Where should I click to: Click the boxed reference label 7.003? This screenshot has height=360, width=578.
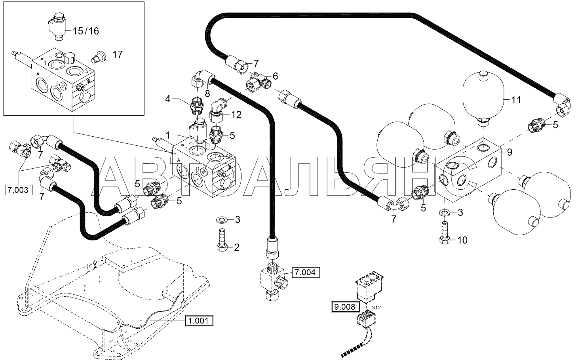(19, 190)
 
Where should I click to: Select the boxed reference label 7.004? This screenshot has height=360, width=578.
(306, 272)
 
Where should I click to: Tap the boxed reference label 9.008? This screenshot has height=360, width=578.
(345, 307)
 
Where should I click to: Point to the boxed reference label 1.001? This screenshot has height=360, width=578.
(199, 321)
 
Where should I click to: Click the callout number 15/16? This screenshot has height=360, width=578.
(86, 31)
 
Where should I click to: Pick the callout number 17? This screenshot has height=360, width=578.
(118, 54)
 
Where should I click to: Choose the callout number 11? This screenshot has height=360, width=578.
(516, 100)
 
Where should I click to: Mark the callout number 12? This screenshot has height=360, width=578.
(236, 114)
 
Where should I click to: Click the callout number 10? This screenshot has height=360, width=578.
(462, 240)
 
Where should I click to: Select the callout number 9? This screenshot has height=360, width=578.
(510, 152)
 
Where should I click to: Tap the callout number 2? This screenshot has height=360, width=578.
(237, 248)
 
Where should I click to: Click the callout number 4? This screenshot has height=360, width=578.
(168, 99)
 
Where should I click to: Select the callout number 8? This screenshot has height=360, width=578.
(207, 94)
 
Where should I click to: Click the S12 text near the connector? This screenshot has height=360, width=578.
(376, 308)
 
